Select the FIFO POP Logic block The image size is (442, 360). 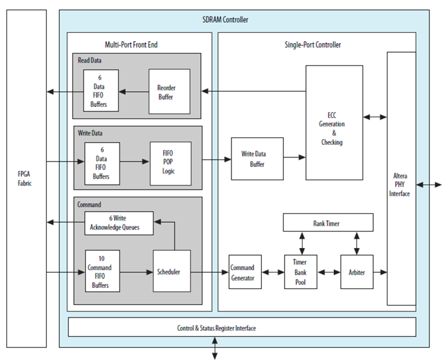[168, 161]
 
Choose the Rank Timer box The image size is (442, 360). [328, 223]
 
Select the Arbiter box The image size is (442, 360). [357, 272]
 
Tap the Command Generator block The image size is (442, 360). [245, 272]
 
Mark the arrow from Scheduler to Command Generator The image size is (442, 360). [209, 273]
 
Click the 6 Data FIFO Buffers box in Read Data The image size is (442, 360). [101, 90]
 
